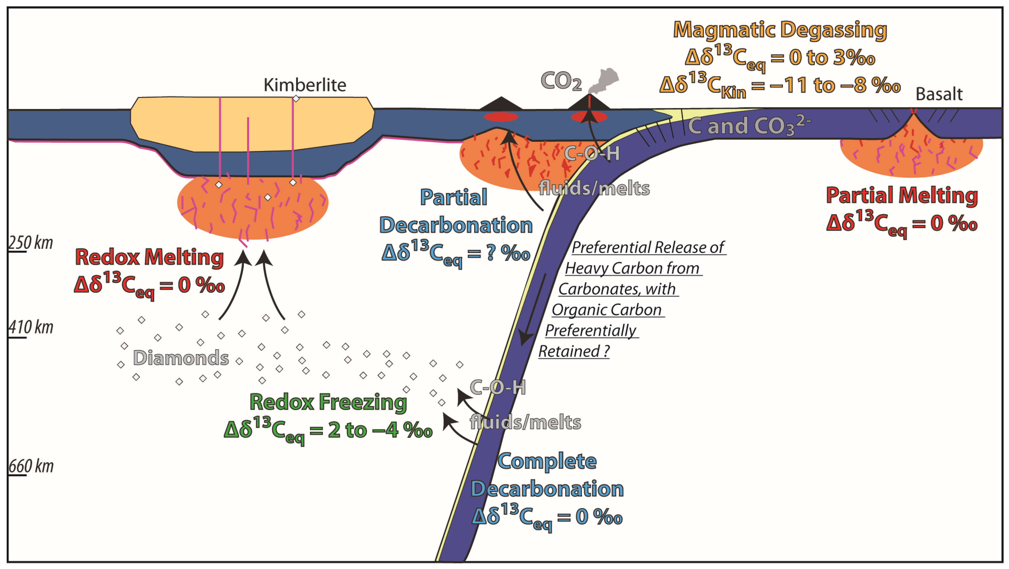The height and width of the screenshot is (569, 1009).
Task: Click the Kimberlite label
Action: click(305, 85)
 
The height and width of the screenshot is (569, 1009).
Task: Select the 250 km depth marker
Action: click(31, 243)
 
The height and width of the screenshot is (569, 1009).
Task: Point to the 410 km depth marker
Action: click(31, 327)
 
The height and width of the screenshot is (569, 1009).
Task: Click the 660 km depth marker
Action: click(31, 466)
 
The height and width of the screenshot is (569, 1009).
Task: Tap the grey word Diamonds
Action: click(181, 358)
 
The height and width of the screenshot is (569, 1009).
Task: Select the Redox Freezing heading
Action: click(328, 402)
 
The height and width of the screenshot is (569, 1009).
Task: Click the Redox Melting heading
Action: click(149, 257)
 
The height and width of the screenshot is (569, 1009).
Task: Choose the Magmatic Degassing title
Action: click(779, 30)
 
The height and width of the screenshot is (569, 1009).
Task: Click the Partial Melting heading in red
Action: click(902, 195)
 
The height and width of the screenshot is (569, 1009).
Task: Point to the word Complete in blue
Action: click(547, 461)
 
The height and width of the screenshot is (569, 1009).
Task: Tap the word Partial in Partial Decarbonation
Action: click(453, 197)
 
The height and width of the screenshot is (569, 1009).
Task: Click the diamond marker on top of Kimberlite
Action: click(296, 99)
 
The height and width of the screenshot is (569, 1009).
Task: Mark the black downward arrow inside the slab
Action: click(533, 309)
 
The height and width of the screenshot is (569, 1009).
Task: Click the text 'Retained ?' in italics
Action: click(574, 351)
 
